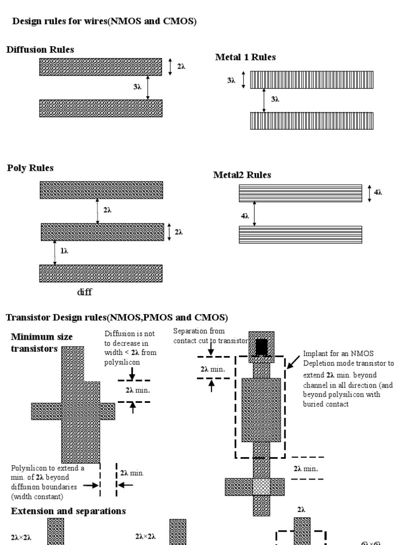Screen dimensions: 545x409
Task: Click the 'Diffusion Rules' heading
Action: tap(40, 49)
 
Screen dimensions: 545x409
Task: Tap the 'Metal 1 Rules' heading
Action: tap(245, 57)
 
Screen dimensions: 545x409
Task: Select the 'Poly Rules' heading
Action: tap(30, 168)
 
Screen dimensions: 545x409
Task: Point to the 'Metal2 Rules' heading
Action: tap(242, 175)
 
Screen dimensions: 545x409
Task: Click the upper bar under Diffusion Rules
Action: tap(101, 67)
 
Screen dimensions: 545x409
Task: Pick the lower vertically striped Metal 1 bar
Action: tap(312, 121)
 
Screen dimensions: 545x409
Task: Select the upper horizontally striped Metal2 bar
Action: tap(301, 193)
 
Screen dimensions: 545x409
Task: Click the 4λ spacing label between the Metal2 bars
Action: tap(245, 217)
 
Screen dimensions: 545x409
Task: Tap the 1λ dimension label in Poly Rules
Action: tap(64, 251)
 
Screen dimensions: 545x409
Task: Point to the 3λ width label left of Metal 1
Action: tap(231, 80)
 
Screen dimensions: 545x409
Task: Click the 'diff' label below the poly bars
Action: tap(85, 292)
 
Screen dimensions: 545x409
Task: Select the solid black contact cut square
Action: tap(261, 346)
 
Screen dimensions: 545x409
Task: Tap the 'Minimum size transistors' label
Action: tap(42, 343)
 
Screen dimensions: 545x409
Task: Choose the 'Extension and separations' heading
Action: tap(68, 511)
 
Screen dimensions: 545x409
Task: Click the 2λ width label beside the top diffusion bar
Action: tap(181, 67)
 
